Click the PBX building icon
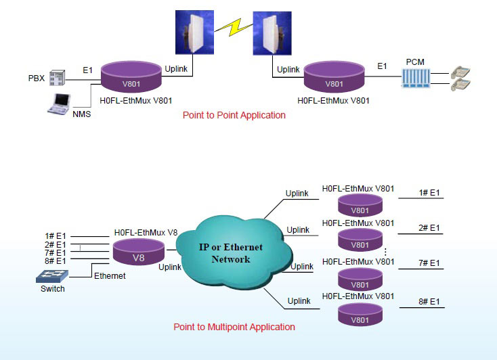tap(58, 76)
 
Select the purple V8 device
tap(138, 254)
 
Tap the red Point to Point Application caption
tap(234, 115)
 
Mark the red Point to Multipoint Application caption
tap(234, 327)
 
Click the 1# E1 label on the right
tap(429, 193)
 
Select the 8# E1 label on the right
tap(429, 302)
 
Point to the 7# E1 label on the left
tap(55, 252)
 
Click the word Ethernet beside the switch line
tap(110, 276)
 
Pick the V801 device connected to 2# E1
tap(361, 242)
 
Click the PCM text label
tap(415, 61)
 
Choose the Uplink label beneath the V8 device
tap(170, 267)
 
